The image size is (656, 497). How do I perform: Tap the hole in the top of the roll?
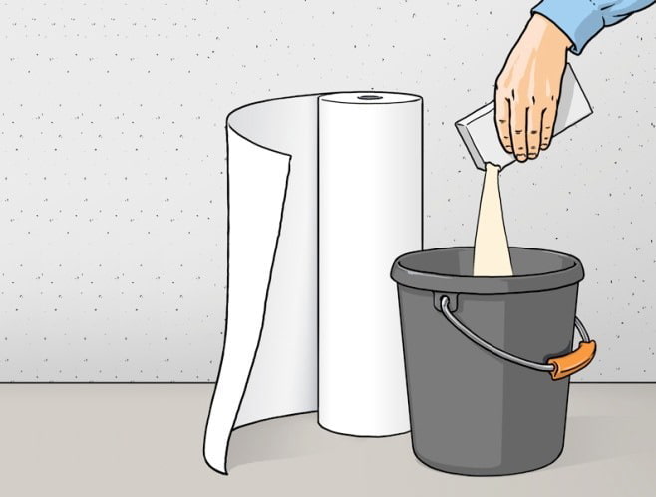[370, 97]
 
